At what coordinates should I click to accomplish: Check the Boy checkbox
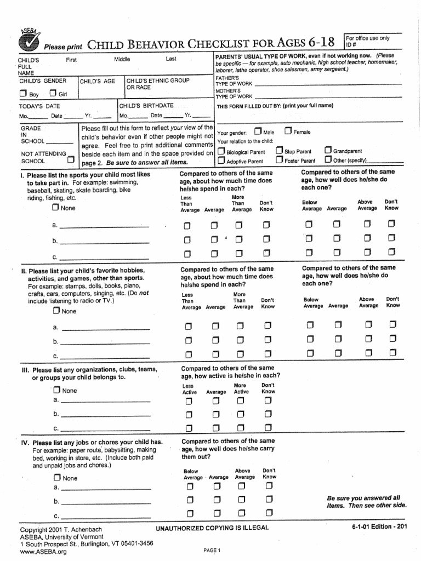click(x=23, y=93)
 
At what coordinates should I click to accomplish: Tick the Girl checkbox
click(x=53, y=93)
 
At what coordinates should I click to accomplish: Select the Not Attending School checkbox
click(x=70, y=161)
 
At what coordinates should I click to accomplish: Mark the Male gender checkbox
click(x=258, y=131)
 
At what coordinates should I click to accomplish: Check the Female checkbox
click(x=288, y=131)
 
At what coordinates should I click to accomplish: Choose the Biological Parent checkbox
click(x=220, y=151)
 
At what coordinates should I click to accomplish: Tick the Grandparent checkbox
click(x=328, y=151)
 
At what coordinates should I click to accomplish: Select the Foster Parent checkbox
click(x=279, y=161)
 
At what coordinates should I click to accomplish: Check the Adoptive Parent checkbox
click(x=220, y=161)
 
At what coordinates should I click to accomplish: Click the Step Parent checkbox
click(x=279, y=151)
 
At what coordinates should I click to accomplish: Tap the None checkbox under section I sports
click(x=55, y=208)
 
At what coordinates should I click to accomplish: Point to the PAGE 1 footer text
click(x=211, y=550)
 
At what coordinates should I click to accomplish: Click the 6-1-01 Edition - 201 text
click(x=379, y=526)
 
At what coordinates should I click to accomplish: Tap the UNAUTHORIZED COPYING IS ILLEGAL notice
click(x=212, y=527)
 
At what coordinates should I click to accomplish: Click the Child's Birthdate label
click(x=146, y=105)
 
